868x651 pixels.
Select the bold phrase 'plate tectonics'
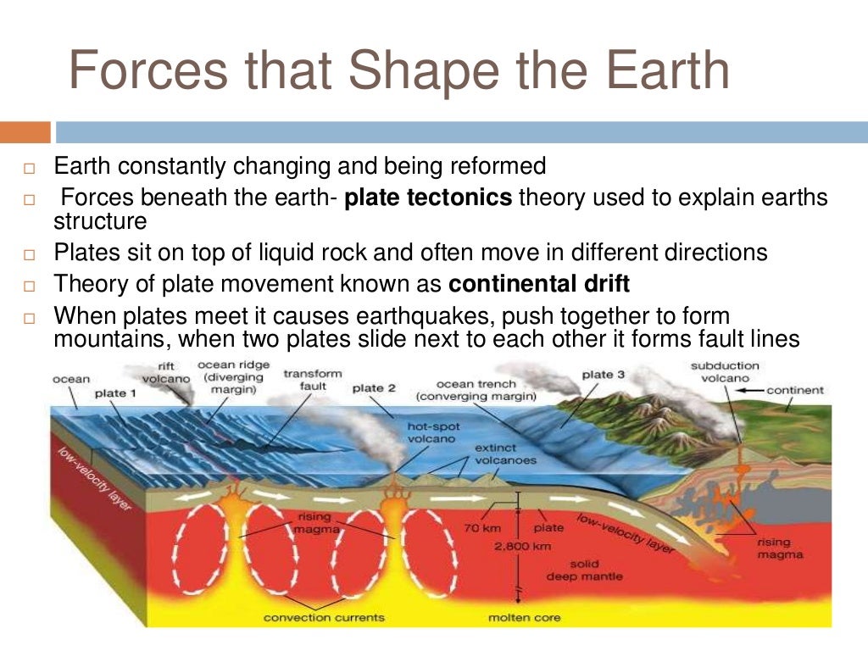(x=429, y=198)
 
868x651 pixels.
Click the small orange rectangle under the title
(x=25, y=132)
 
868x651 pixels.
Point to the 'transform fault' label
(x=313, y=379)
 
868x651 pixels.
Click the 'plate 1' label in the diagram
(x=115, y=393)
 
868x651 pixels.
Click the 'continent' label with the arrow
(x=794, y=391)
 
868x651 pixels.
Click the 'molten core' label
(x=524, y=617)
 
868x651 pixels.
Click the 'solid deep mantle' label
(x=596, y=570)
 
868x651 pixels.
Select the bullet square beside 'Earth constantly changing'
(x=28, y=167)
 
